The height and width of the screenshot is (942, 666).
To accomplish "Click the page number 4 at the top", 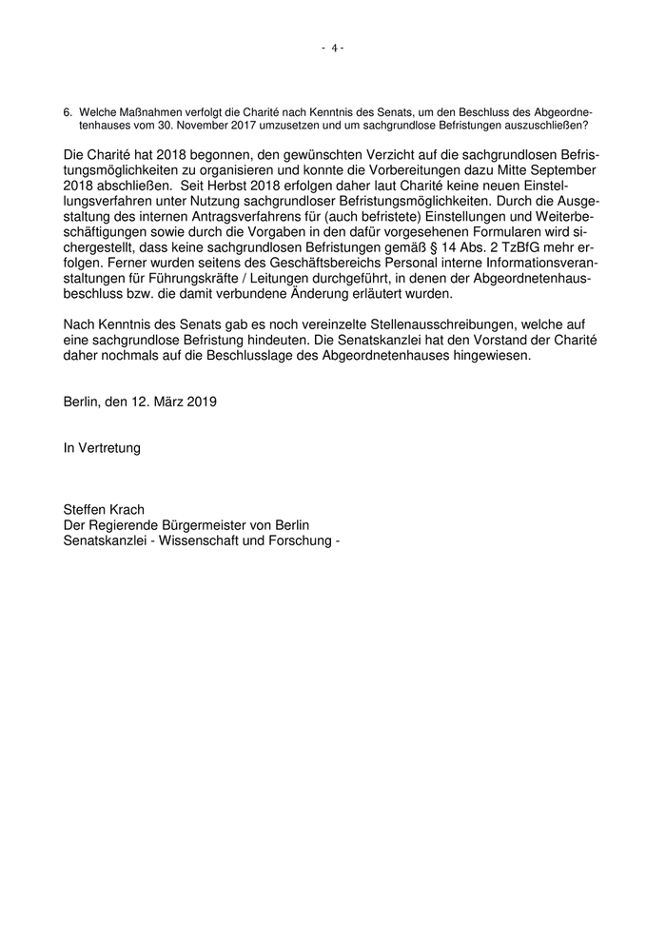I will [333, 48].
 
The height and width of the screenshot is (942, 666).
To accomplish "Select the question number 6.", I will [66, 112].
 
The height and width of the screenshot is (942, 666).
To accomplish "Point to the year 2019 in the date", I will [202, 402].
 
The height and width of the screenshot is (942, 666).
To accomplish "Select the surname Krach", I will [130, 510].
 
